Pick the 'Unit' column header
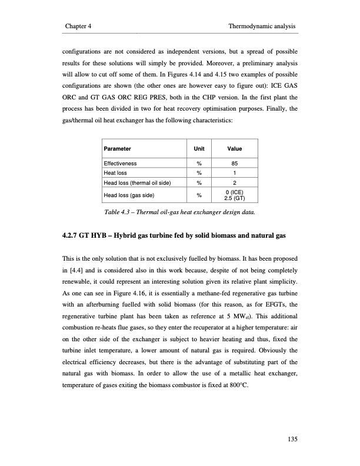click(199, 149)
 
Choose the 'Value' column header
click(235, 149)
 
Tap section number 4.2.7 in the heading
click(72, 237)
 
